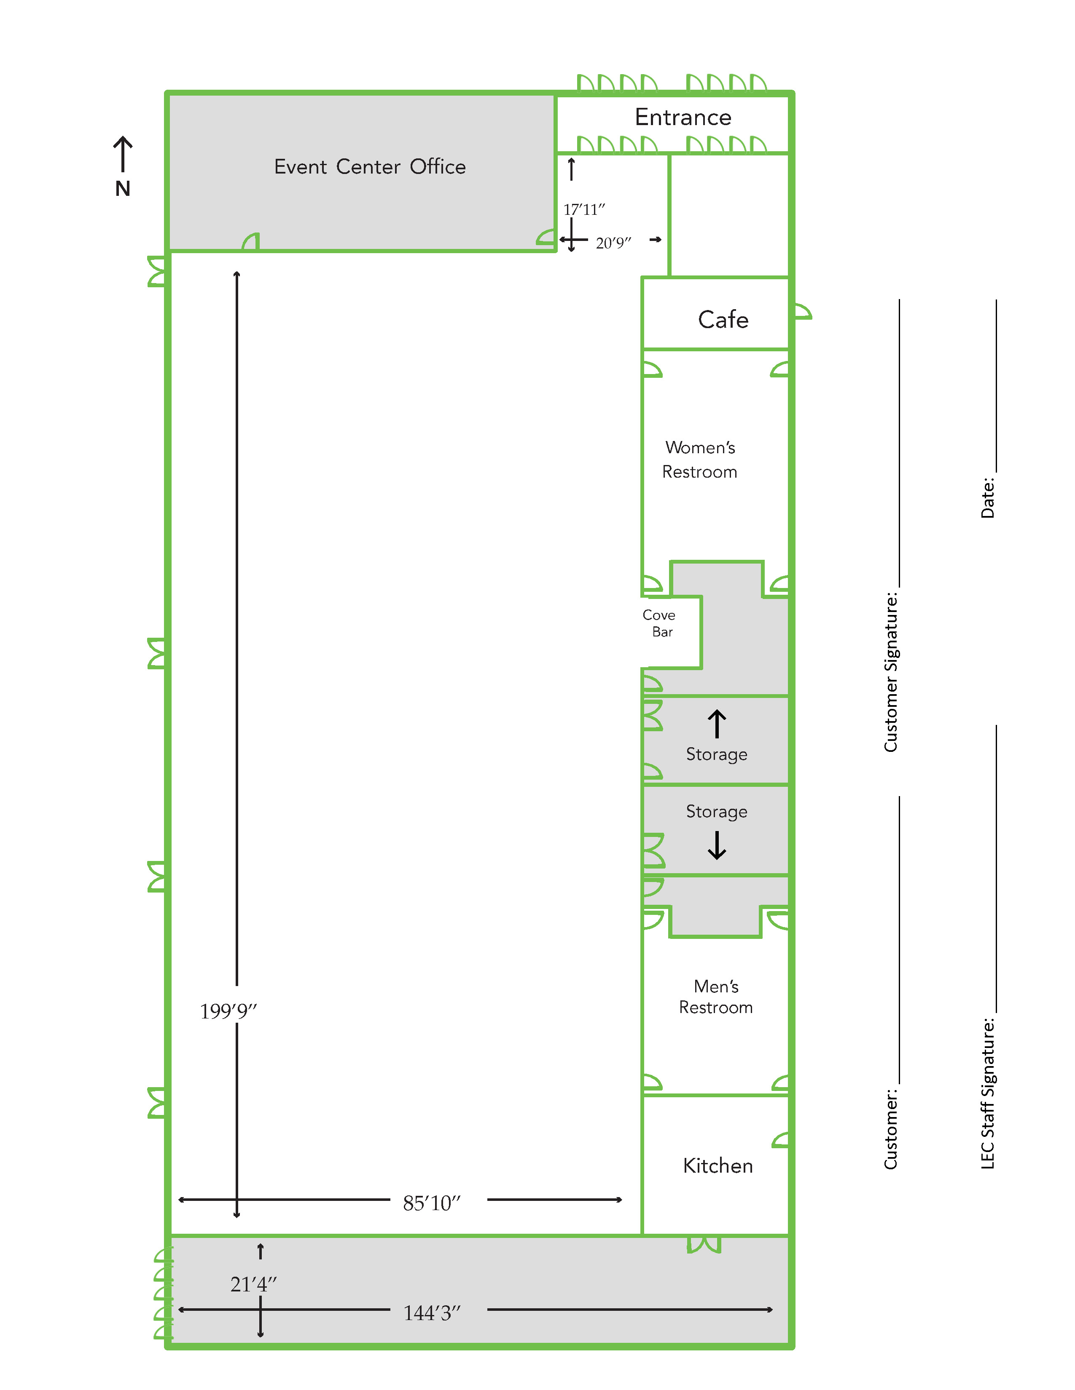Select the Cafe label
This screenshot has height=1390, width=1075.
point(723,320)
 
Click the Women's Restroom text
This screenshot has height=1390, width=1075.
point(699,460)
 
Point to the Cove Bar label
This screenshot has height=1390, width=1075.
point(660,623)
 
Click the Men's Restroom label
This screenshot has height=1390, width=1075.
point(716,997)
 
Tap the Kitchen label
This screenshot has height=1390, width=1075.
point(718,1166)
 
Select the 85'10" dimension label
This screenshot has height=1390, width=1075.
point(431,1203)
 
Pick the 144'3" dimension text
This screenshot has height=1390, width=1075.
point(431,1313)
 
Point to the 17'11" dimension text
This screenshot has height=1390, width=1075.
point(583,209)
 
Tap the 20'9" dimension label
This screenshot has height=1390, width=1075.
point(613,243)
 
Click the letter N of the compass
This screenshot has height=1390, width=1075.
point(123,189)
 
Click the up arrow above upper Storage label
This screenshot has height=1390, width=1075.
point(716,724)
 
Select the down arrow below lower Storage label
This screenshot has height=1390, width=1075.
point(716,846)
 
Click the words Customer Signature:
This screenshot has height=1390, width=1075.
point(890,672)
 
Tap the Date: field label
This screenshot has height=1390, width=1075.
point(987,498)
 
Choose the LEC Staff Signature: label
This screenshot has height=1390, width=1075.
point(987,1093)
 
